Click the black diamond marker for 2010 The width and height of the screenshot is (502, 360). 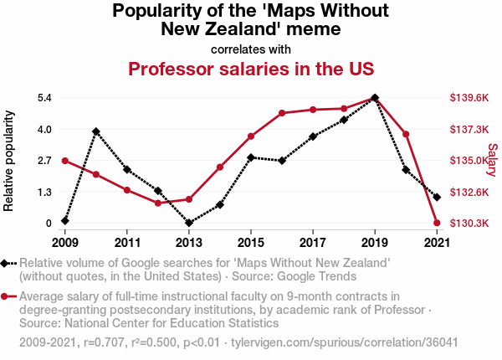96,131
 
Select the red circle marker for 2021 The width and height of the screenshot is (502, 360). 437,223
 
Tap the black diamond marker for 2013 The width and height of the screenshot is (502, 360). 189,223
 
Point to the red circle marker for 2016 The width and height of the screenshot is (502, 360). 282,113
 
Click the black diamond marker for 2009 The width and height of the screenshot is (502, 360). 65,221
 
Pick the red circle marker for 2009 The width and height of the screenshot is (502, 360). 65,161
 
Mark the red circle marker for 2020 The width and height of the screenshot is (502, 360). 406,134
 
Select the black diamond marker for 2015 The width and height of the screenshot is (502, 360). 251,157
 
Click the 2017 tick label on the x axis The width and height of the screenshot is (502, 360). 313,243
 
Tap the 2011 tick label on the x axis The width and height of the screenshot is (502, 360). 127,243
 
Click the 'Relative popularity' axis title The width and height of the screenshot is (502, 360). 10,160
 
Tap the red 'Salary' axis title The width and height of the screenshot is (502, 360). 492,160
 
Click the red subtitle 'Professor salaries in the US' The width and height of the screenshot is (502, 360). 250,68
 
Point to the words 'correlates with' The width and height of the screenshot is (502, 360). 250,48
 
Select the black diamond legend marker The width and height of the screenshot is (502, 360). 6,263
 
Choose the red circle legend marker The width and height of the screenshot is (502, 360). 6,296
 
